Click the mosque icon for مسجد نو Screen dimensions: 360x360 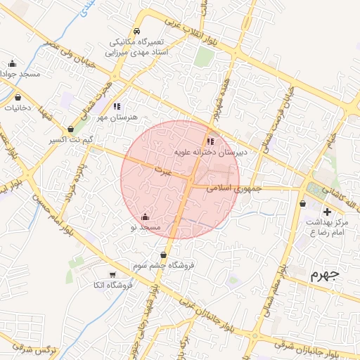pyautogui.click(x=145, y=217)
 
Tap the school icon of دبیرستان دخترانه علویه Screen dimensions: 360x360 pyautogui.click(x=211, y=141)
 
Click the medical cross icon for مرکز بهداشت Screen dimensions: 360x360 pyautogui.click(x=326, y=212)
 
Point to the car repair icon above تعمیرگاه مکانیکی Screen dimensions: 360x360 pyautogui.click(x=136, y=32)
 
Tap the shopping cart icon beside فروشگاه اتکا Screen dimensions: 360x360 pyautogui.click(x=112, y=274)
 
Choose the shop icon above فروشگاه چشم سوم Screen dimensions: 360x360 pyautogui.click(x=164, y=255)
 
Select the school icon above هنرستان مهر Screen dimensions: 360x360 pyautogui.click(x=116, y=106)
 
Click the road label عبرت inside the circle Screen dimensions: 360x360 pyautogui.click(x=163, y=171)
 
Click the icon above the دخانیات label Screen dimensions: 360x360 pyautogui.click(x=18, y=97)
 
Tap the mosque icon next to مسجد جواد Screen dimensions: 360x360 pyautogui.click(x=12, y=63)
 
